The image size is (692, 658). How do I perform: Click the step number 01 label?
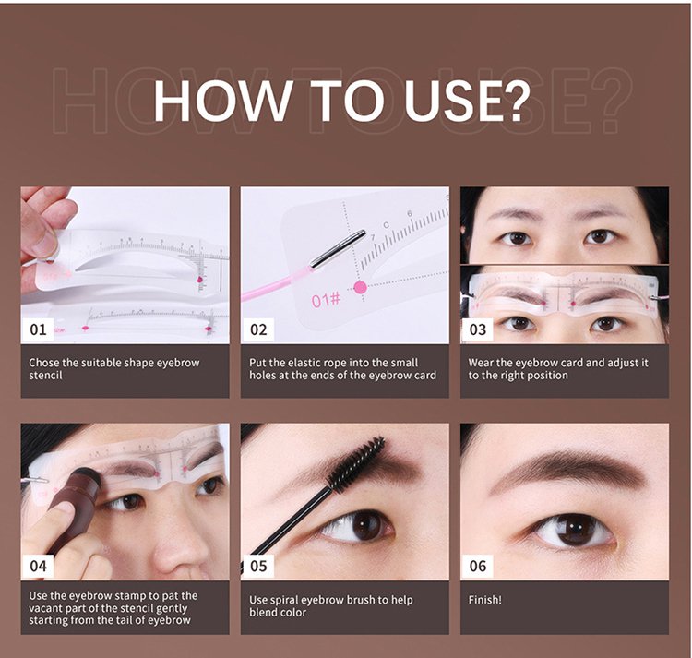pos(38,329)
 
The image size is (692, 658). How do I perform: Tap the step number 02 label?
pos(258,329)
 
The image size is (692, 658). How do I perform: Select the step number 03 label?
pos(478,329)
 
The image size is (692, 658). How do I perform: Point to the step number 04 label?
pos(38,566)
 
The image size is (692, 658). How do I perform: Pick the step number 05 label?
pos(258,566)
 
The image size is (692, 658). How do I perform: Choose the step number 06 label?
pos(478,566)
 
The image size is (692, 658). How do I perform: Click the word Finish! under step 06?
pos(484,600)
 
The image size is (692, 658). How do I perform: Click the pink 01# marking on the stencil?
pos(326,301)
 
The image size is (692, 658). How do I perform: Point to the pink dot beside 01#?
pos(360,288)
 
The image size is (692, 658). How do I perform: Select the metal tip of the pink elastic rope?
pos(338,248)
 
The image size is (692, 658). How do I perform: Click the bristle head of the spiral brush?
pos(356,464)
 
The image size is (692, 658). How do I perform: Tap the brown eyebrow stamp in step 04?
pos(74,506)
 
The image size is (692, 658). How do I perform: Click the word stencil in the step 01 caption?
pos(45,376)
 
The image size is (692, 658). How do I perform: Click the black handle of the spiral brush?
pos(288,525)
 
